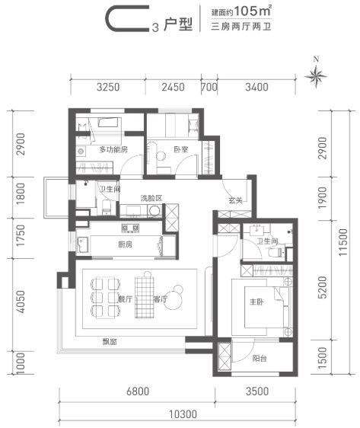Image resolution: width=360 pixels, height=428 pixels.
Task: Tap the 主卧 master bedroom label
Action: (256, 302)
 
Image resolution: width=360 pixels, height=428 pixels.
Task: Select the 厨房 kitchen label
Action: (125, 244)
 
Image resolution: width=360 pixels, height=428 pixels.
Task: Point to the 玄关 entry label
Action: (235, 200)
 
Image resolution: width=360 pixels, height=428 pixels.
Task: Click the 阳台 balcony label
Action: (260, 358)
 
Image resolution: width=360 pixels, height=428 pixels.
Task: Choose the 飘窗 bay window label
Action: (110, 341)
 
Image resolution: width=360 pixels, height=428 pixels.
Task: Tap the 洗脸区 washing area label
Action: (151, 198)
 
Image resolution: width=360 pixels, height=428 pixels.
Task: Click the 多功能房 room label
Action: (113, 149)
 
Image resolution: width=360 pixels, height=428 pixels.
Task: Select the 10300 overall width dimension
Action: (183, 414)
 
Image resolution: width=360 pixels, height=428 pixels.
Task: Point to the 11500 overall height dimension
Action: (343, 242)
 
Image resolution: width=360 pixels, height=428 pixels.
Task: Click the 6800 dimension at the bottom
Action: (138, 391)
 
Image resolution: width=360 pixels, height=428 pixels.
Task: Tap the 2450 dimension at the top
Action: (173, 87)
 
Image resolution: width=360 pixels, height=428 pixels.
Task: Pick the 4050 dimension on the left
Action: (21, 302)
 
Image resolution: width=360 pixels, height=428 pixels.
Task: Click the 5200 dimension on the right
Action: (323, 287)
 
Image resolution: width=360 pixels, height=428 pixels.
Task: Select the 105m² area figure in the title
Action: (252, 11)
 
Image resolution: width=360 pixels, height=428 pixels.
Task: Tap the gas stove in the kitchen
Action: (130, 228)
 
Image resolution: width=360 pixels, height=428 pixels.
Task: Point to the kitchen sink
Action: (83, 244)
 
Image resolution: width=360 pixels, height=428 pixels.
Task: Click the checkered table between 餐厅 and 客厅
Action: (145, 297)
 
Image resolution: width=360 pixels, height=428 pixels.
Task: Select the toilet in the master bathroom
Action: (276, 252)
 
